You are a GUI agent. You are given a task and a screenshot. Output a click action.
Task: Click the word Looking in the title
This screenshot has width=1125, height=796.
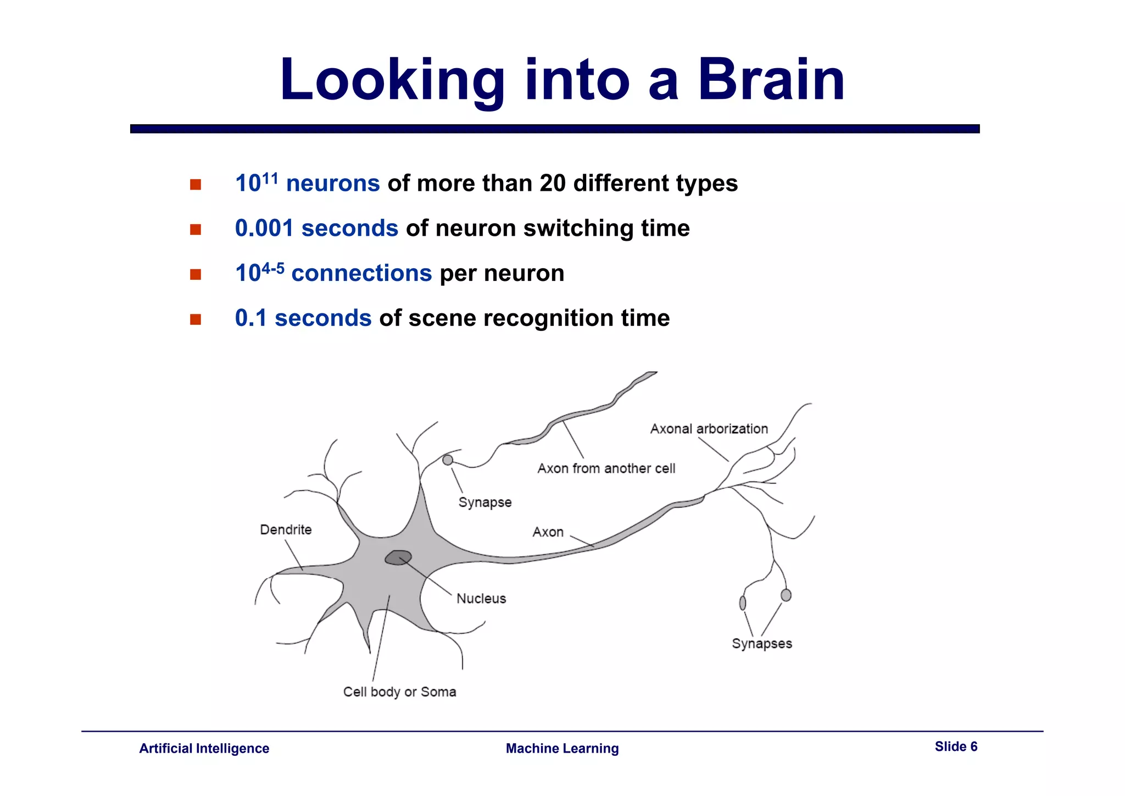[392, 81]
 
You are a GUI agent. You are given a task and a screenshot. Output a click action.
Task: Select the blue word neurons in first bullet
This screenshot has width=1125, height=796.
[333, 184]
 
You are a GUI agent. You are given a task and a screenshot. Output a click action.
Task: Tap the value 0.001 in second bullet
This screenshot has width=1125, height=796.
[264, 229]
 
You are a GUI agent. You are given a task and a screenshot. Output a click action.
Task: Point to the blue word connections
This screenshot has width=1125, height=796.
[361, 274]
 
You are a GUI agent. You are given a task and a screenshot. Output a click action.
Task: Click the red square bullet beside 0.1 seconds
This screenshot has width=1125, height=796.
[196, 319]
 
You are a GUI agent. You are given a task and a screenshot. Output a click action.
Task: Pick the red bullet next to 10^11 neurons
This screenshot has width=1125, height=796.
[196, 185]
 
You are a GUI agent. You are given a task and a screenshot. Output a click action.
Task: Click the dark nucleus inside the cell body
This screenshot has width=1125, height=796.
[398, 557]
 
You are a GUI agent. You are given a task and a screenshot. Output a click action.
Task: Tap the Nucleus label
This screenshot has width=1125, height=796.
[481, 599]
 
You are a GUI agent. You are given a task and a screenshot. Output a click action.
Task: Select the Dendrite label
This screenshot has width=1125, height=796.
[286, 530]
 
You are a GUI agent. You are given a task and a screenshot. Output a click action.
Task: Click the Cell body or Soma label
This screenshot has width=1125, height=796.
[399, 692]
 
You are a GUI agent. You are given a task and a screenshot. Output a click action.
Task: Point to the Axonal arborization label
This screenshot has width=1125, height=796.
[709, 429]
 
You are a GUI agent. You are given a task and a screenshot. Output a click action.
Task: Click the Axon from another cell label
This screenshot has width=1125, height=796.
[606, 469]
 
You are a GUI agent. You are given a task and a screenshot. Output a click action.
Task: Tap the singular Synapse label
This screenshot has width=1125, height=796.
[484, 502]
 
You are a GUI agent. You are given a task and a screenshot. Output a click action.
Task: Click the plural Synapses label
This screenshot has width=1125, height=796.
[761, 644]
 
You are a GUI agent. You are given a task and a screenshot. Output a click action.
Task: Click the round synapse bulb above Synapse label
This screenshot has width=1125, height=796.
[448, 460]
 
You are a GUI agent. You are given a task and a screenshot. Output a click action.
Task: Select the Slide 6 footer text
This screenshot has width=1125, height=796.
[956, 747]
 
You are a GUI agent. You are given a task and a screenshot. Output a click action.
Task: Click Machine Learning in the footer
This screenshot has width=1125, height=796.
[562, 749]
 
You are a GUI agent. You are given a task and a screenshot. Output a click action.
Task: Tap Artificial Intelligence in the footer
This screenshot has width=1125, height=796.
[204, 749]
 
